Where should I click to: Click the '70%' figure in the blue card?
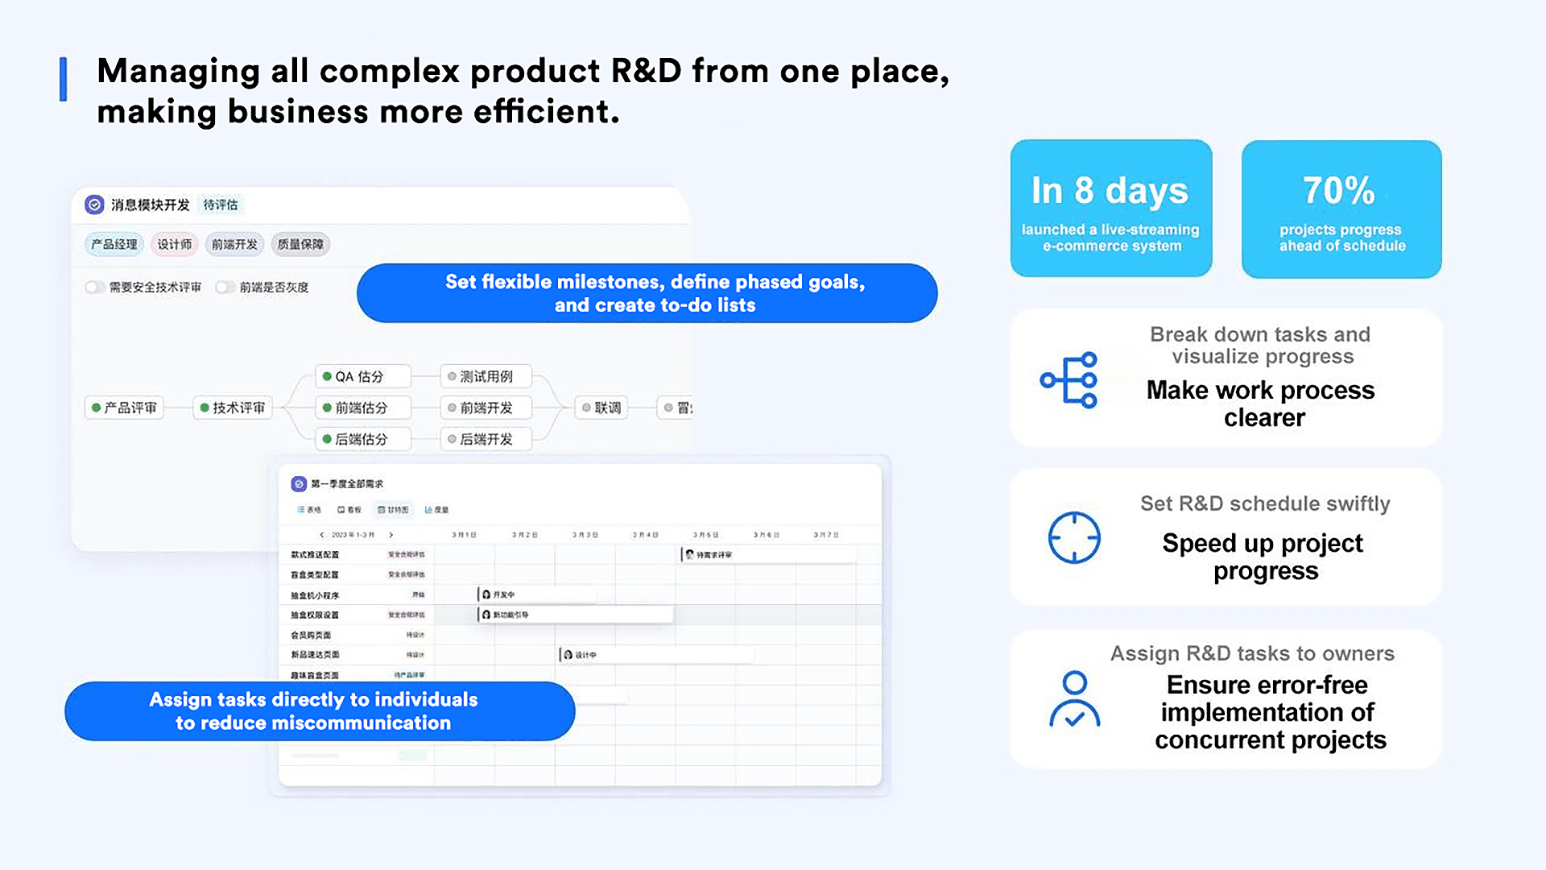pos(1339,190)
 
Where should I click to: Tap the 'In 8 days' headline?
pos(1110,191)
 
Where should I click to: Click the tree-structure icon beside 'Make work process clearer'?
pos(1069,380)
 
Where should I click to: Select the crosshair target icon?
pos(1074,537)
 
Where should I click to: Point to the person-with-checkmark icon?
pos(1074,699)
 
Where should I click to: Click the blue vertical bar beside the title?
pos(63,79)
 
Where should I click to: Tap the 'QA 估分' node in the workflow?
pos(362,376)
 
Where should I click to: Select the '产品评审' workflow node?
pos(125,408)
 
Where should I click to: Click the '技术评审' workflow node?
pos(234,408)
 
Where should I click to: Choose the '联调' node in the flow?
pos(602,408)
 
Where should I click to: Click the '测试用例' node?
pos(486,376)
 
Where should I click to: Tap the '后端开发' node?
pos(486,439)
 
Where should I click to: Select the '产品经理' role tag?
pos(114,244)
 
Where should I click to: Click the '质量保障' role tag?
pos(300,244)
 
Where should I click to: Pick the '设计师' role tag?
pos(175,244)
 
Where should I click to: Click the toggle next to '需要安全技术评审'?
pos(94,287)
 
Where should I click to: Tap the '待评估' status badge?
pos(221,205)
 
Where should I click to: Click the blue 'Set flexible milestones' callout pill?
pos(647,293)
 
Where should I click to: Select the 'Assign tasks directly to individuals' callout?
pos(320,711)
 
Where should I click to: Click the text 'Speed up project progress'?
pos(1263,557)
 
